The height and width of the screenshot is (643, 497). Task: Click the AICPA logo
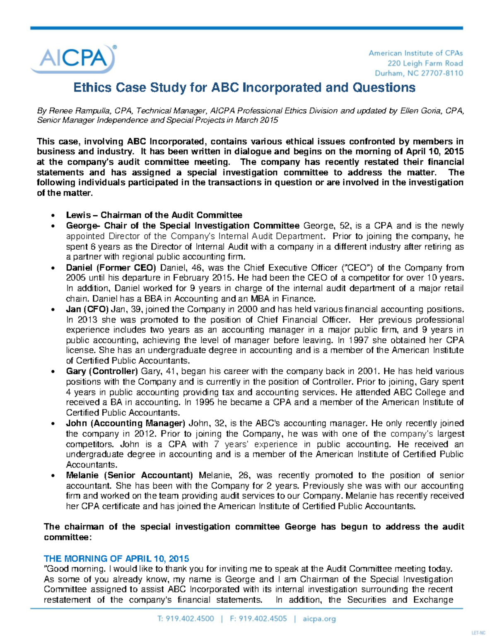tap(73, 59)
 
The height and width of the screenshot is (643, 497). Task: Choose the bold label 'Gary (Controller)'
tap(102, 371)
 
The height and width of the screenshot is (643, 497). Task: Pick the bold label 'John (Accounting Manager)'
tap(125, 423)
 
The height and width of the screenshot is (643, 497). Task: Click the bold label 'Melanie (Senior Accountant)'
tap(129, 475)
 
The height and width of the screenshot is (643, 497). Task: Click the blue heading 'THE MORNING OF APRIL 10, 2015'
tap(116, 559)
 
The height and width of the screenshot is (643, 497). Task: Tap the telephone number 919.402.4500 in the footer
tap(190, 619)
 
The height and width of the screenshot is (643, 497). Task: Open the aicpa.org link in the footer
tap(319, 619)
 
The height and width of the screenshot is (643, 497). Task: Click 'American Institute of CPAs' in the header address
tap(415, 53)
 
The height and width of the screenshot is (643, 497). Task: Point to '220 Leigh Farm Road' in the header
tap(425, 63)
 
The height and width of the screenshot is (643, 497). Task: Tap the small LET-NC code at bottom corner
tap(478, 633)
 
